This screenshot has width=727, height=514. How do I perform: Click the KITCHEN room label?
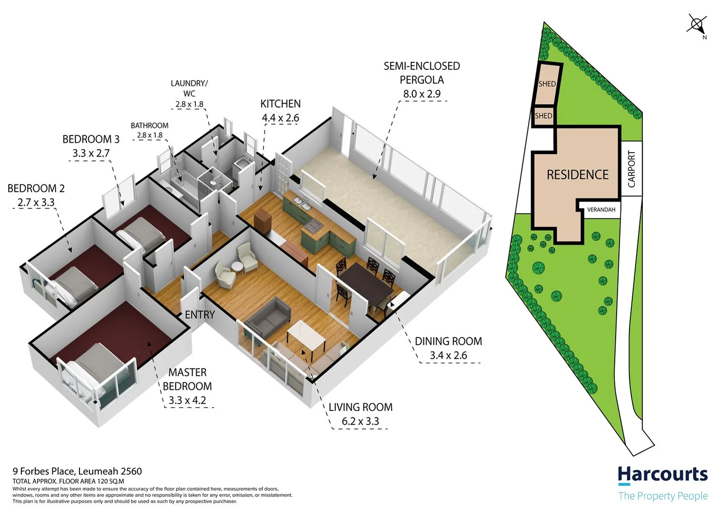[x=280, y=104]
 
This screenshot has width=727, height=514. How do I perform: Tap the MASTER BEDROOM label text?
[x=187, y=379]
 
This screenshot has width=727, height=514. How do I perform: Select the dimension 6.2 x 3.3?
[x=360, y=421]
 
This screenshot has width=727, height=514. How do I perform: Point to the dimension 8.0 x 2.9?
[x=422, y=94]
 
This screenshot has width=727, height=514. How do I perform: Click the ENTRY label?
[x=199, y=315]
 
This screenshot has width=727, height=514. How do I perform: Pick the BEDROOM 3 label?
[x=91, y=139]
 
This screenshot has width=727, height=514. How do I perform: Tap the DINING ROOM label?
[x=448, y=341]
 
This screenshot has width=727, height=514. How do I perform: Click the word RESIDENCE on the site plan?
[x=577, y=175]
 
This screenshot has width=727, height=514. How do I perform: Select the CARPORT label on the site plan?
[x=631, y=169]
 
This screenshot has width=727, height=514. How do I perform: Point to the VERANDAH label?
[x=601, y=209]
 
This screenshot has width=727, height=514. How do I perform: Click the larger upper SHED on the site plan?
[x=547, y=84]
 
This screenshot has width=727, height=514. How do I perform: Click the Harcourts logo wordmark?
[x=662, y=474]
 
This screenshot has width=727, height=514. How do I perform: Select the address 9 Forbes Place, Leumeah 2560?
[x=77, y=471]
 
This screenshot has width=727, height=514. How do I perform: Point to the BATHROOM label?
[x=149, y=126]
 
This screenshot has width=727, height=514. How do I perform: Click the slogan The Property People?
[x=663, y=496]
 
